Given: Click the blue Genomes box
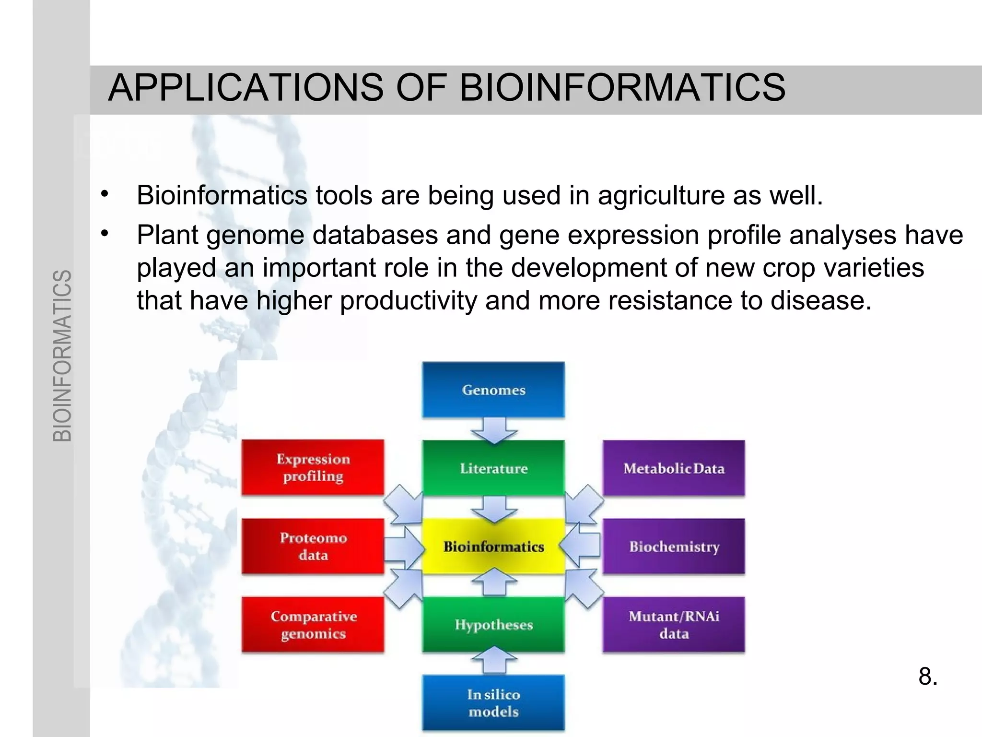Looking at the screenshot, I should pos(493,390).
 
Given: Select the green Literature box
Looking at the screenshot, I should pos(493,468).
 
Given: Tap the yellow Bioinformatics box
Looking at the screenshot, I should pos(493,547).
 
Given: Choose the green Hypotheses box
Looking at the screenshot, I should pos(493,625).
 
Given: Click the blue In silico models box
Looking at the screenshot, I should pos(493,703).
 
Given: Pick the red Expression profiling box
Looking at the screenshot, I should pos(313,467).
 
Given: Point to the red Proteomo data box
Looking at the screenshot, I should pos(313,546).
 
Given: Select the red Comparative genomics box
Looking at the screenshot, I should pos(313,625).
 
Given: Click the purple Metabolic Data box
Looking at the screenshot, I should pos(674,468).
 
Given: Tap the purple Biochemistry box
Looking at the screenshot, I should pos(674,547).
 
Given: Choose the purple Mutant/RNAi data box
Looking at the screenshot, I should pos(674,625).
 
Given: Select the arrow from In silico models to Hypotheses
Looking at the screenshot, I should pos(494,660).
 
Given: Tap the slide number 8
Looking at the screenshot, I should pos(928,677).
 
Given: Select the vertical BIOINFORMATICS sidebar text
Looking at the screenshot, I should pos(62,355).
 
